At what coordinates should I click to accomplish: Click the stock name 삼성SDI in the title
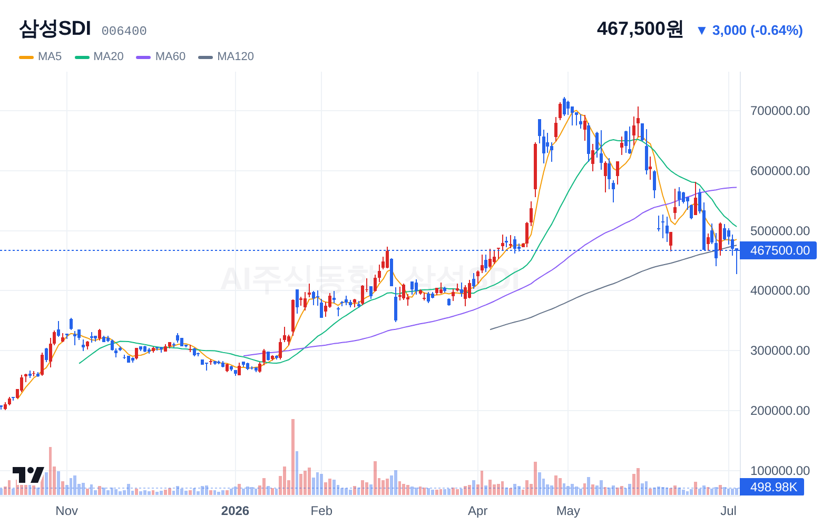55,28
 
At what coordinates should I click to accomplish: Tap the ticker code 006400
124,31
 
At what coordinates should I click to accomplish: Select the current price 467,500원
640,28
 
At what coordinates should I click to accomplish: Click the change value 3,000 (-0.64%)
757,30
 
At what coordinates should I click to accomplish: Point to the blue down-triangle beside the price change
702,31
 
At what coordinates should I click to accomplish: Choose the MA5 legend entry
41,56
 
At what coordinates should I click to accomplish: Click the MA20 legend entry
99,56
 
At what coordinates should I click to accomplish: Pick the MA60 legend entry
161,56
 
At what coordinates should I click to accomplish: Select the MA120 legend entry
226,56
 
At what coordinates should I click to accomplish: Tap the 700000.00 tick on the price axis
780,111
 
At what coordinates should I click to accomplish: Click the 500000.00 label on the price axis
780,230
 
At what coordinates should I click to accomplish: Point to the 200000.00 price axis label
780,411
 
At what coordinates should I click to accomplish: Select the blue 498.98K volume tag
772,487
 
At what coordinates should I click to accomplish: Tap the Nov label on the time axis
67,511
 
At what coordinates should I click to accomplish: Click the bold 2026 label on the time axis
235,511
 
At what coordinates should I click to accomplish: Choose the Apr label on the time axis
478,511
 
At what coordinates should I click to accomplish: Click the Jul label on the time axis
728,511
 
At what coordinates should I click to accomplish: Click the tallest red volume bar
293,457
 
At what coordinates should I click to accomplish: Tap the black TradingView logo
28,475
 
